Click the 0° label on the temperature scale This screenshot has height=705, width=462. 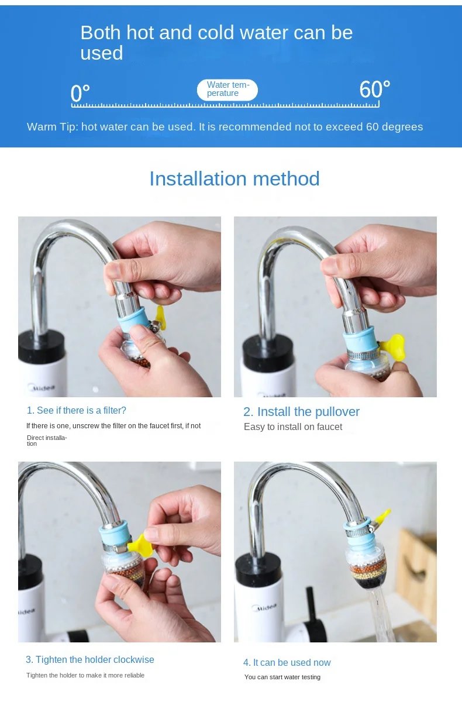(x=80, y=93)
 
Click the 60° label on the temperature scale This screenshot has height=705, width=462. (x=374, y=90)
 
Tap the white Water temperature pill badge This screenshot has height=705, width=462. (x=227, y=90)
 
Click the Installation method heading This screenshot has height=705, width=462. (x=234, y=178)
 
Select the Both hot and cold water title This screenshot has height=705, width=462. (x=216, y=42)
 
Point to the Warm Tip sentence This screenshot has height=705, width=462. (x=225, y=127)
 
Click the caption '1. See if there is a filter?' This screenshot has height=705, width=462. (x=77, y=410)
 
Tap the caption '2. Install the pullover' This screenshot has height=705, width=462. (x=301, y=411)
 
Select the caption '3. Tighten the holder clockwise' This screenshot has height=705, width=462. (x=89, y=659)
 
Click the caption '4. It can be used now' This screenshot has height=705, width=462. (x=287, y=662)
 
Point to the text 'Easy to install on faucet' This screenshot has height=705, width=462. (x=293, y=427)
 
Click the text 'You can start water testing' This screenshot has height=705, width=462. (x=282, y=677)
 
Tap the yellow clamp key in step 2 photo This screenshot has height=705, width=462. (x=393, y=345)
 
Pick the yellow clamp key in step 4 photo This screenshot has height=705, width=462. (x=382, y=517)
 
